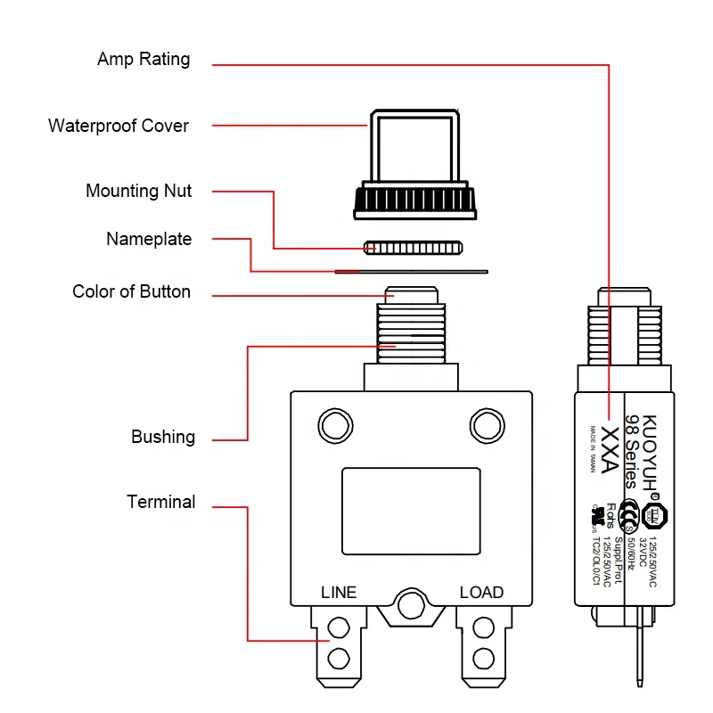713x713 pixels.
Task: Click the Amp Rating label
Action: click(x=143, y=60)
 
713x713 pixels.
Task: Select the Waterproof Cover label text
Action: click(x=119, y=126)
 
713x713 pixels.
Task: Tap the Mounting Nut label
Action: click(x=138, y=191)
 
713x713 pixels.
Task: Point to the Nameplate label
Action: click(x=149, y=239)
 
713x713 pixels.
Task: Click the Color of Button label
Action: click(x=131, y=291)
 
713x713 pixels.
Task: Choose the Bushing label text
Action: click(x=163, y=437)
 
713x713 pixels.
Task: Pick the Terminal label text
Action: click(x=160, y=502)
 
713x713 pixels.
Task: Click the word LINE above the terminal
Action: click(x=339, y=593)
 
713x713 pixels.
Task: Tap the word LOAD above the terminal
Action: click(x=481, y=593)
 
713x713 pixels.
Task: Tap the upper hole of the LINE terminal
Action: click(x=339, y=629)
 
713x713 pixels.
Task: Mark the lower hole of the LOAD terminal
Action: click(x=483, y=660)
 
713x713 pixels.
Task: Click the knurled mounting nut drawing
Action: click(x=414, y=246)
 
